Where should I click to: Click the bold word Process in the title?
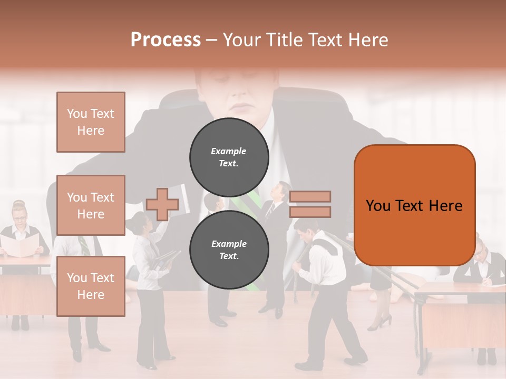pyautogui.click(x=166, y=39)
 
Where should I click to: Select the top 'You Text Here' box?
pyautogui.click(x=91, y=122)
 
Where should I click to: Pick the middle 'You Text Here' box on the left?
pyautogui.click(x=91, y=205)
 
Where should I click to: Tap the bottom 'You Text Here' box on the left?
pyautogui.click(x=91, y=286)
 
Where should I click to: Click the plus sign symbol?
pyautogui.click(x=162, y=204)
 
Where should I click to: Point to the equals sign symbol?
pyautogui.click(x=310, y=204)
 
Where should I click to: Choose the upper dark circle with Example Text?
pyautogui.click(x=229, y=157)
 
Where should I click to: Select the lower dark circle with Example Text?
pyautogui.click(x=229, y=250)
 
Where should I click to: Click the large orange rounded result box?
pyautogui.click(x=414, y=205)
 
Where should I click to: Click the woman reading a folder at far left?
pyautogui.click(x=20, y=232)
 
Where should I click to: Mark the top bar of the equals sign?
pyautogui.click(x=310, y=197)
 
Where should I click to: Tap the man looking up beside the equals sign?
pyautogui.click(x=278, y=211)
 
